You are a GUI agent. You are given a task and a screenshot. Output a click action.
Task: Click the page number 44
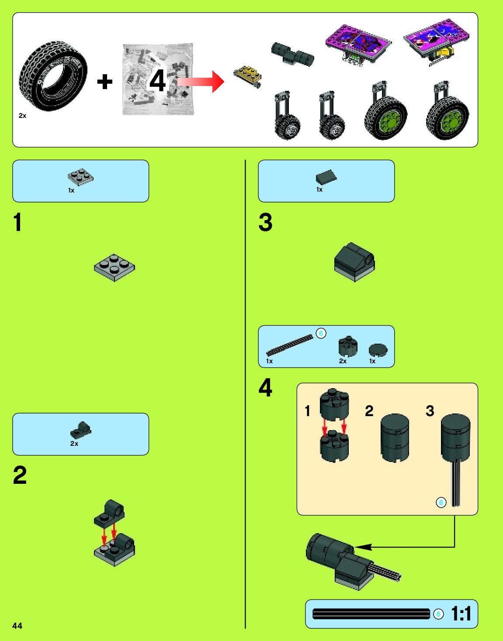pyautogui.click(x=17, y=626)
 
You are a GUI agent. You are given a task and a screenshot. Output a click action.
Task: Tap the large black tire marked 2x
pyautogui.click(x=53, y=76)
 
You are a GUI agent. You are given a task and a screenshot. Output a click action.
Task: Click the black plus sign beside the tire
pyautogui.click(x=104, y=82)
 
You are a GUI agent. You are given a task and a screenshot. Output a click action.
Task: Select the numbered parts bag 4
pyautogui.click(x=157, y=79)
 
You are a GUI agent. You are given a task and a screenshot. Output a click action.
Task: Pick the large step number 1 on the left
pyautogui.click(x=17, y=222)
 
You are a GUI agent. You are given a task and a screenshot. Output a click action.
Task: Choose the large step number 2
pyautogui.click(x=20, y=475)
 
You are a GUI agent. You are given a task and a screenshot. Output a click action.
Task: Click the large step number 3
pyautogui.click(x=265, y=222)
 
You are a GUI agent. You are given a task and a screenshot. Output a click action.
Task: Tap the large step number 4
pyautogui.click(x=265, y=388)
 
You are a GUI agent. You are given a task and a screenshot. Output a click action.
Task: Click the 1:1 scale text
pyautogui.click(x=461, y=614)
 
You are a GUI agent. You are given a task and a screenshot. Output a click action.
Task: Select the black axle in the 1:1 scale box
pyautogui.click(x=371, y=614)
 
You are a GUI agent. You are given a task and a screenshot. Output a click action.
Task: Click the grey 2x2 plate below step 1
pyautogui.click(x=114, y=267)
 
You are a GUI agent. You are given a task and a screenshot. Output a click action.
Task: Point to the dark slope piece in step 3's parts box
pyautogui.click(x=326, y=177)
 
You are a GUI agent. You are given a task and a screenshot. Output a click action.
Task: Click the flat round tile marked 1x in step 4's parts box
pyautogui.click(x=378, y=350)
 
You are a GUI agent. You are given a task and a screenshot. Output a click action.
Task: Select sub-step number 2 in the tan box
pyautogui.click(x=369, y=411)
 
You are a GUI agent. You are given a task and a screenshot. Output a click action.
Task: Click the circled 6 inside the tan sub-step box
pyautogui.click(x=441, y=503)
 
